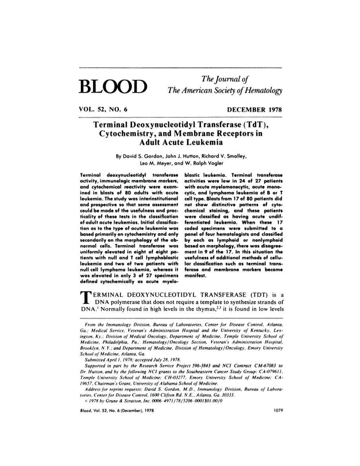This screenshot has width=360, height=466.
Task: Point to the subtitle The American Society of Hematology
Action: pyautogui.click(x=225, y=91)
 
